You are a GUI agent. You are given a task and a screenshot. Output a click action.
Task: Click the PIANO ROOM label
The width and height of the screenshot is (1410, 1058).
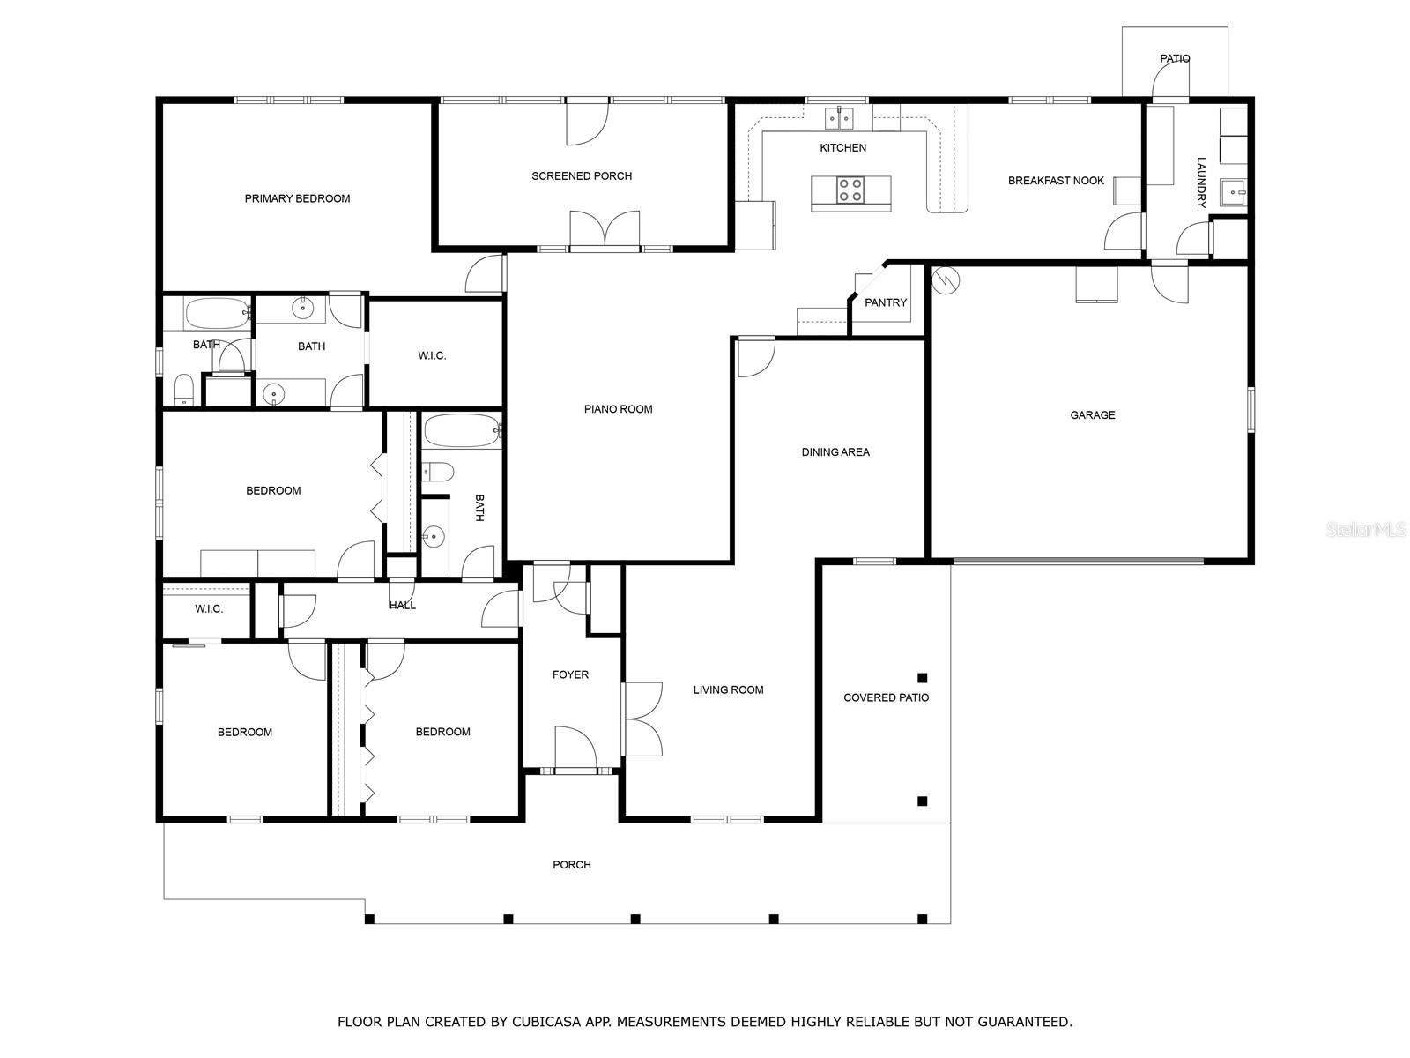pos(618,409)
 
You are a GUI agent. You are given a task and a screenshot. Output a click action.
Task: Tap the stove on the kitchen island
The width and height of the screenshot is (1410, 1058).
pos(850,190)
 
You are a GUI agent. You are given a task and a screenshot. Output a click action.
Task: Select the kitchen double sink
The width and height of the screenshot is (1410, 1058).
pos(839,117)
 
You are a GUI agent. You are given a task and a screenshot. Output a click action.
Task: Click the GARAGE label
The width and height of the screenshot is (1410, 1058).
pos(1093,415)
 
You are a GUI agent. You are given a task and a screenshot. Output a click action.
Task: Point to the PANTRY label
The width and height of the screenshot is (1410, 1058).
pos(886,302)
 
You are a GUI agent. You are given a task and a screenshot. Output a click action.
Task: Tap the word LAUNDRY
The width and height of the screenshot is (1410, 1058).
pos(1201,183)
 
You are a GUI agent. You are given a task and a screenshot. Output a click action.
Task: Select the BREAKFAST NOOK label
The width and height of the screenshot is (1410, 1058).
pos(1056,181)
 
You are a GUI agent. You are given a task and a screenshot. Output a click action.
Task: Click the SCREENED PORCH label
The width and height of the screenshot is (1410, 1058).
pos(582,176)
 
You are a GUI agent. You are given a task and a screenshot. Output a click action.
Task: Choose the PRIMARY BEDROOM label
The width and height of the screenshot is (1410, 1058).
pos(297,198)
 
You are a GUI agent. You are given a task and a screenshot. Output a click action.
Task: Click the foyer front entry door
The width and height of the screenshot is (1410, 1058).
pos(575,749)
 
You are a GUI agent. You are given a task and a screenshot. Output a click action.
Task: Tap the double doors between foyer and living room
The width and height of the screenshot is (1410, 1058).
pos(642,719)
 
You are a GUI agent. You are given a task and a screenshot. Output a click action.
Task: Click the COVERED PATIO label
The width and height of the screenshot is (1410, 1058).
pos(886,697)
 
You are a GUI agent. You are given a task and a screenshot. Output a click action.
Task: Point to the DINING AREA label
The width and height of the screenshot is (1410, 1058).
pos(835,452)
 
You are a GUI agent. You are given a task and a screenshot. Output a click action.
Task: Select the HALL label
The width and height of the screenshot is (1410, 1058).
pos(402,606)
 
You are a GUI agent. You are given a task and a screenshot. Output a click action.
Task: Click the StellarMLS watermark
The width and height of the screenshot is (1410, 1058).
pos(1366,530)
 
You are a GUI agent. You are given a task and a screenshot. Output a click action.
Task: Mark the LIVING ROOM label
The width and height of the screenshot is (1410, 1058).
pos(728,690)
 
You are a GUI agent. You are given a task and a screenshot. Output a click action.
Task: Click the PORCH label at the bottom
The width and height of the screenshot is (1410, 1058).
pos(571,865)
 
